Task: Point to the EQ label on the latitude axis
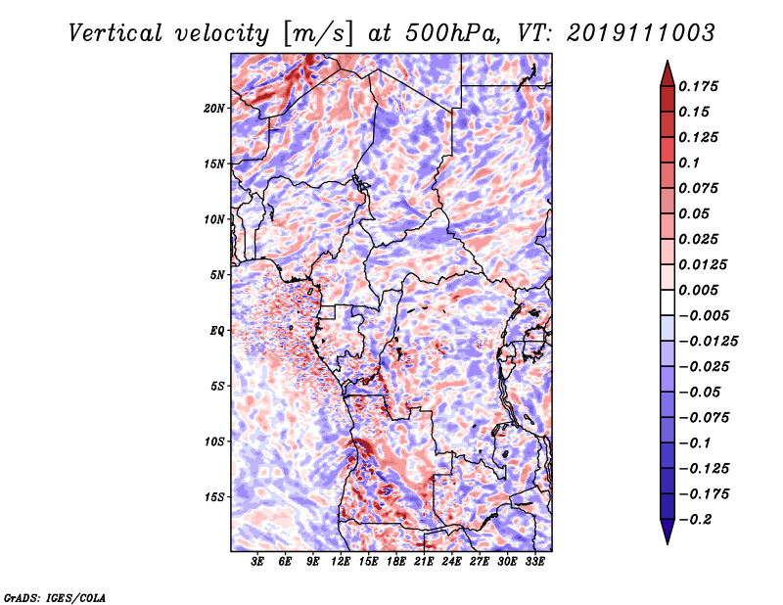218,331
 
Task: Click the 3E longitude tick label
258,562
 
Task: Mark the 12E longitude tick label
342,562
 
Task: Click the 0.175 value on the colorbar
701,86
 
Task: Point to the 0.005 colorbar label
701,290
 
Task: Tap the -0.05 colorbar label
701,392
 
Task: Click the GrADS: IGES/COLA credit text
54,596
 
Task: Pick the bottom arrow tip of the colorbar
667,541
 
